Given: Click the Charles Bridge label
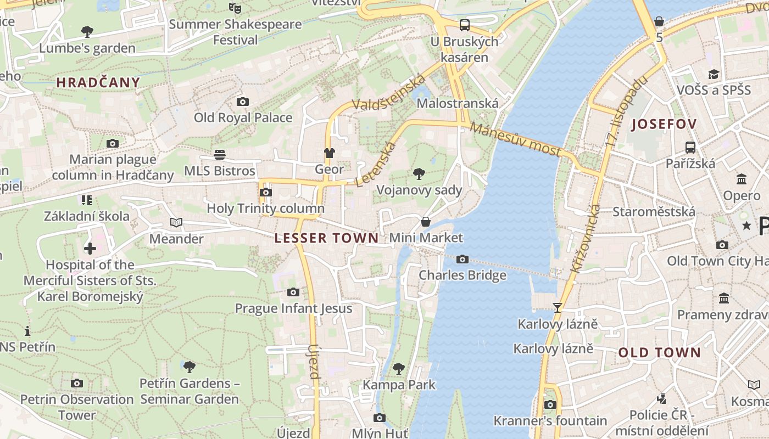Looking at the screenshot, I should (462, 275).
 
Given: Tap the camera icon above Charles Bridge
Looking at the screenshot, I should (462, 260).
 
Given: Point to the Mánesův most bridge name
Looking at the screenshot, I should (515, 139).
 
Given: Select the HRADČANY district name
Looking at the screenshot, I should (98, 83).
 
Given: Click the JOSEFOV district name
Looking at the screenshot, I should (664, 124).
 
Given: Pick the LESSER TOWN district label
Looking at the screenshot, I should (326, 238).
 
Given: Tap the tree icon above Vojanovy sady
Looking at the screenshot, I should (419, 174).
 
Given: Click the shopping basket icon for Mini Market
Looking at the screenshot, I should (426, 222).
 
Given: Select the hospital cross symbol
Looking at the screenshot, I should (90, 249).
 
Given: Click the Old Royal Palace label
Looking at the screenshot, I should (243, 117).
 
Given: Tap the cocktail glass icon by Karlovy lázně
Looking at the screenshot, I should (558, 308).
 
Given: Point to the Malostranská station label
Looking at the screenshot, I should (458, 103).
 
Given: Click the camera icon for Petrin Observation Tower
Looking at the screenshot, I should (77, 383).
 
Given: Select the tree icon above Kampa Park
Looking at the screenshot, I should (399, 368).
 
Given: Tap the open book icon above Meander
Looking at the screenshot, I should (176, 222).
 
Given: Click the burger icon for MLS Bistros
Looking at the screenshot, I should (220, 155).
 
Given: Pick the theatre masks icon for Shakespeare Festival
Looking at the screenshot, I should (235, 8).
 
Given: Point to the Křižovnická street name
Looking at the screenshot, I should (586, 239).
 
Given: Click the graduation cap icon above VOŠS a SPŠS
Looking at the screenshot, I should (714, 74).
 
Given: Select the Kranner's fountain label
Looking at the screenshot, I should (550, 421).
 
